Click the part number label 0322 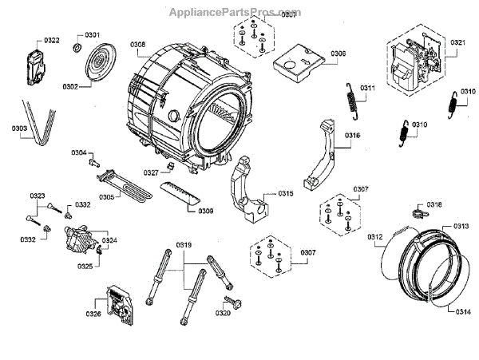click(x=52, y=40)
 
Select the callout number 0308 click(x=137, y=45)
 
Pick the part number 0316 click(x=353, y=136)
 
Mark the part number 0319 click(x=184, y=243)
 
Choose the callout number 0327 click(x=151, y=172)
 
